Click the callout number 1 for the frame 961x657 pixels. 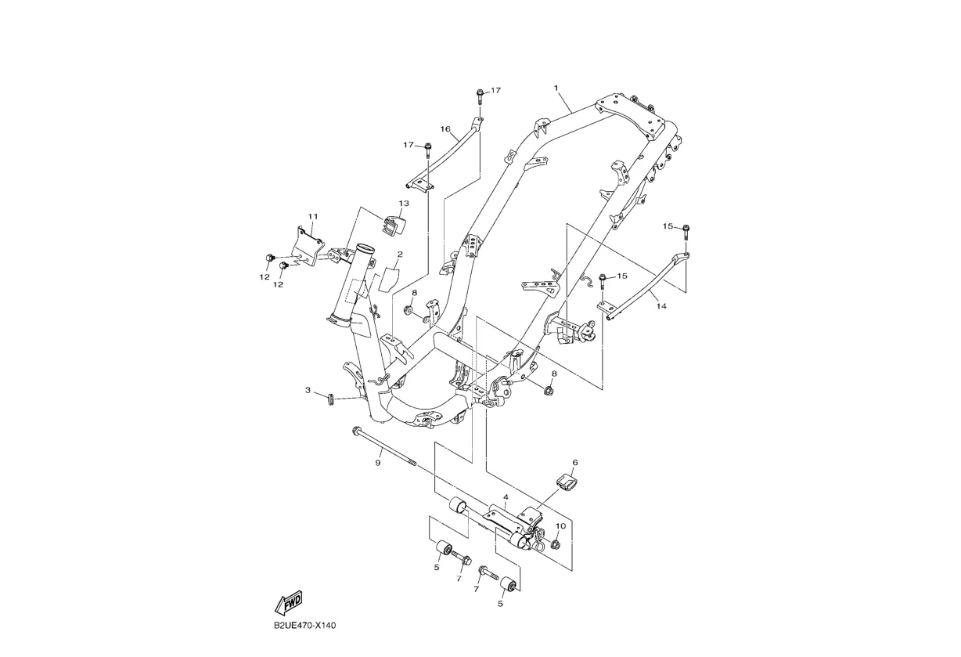556,88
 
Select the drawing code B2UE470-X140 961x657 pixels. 305,626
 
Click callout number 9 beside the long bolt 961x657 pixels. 377,463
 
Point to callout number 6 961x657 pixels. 574,463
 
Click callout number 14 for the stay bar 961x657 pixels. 661,306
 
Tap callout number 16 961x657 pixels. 445,129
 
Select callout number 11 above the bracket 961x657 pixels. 312,216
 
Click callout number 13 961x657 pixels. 404,204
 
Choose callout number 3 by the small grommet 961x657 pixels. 308,389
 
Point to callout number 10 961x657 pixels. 560,525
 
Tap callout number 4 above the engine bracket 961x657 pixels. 506,497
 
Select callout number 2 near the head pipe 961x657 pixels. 399,254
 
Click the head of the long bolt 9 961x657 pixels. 358,430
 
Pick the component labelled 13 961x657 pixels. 394,224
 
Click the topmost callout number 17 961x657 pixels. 495,91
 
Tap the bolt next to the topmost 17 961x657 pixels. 479,96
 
